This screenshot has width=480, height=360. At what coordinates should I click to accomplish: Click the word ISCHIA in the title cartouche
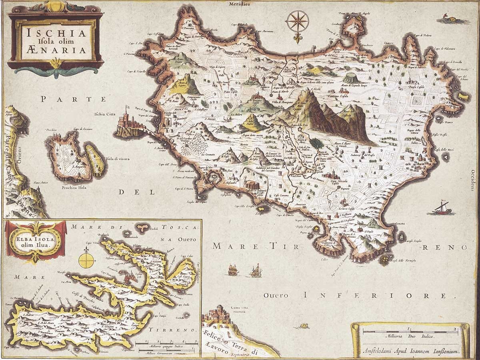click(x=56, y=33)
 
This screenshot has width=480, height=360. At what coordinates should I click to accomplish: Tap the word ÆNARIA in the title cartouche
click(x=56, y=50)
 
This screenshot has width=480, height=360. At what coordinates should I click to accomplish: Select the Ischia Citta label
click(x=104, y=114)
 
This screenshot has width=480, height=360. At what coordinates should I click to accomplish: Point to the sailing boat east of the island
click(x=442, y=208)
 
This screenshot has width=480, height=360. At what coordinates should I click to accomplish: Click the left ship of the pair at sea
click(x=233, y=271)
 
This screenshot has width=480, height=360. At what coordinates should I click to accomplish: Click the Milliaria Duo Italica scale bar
click(x=410, y=332)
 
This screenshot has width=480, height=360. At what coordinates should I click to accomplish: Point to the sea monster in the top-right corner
click(x=447, y=18)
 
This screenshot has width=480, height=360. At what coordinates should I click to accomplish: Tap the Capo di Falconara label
click(x=454, y=49)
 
